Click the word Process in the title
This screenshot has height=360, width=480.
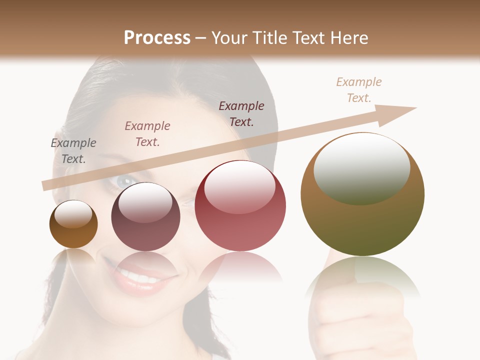click(x=157, y=38)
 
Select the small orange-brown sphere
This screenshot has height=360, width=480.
click(x=73, y=225)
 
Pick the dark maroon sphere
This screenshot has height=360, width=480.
click(x=145, y=217)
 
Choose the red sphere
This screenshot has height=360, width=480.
click(x=240, y=206)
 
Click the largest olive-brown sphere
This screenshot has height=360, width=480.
click(x=362, y=195)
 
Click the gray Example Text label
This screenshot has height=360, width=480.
click(x=73, y=151)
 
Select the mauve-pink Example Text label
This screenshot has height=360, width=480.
click(x=147, y=134)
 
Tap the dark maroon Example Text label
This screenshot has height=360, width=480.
click(x=241, y=114)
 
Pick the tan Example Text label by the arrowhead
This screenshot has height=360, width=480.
click(x=359, y=90)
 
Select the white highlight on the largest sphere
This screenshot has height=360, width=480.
click(x=361, y=167)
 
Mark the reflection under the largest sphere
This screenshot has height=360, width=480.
click(x=362, y=280)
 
